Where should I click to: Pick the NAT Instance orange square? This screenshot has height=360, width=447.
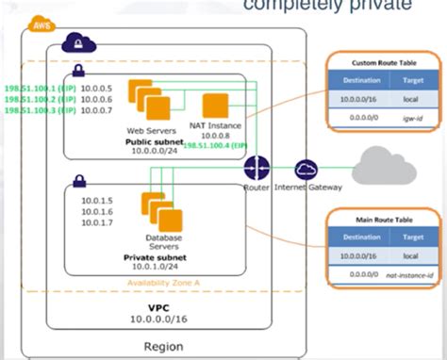coord(216,106)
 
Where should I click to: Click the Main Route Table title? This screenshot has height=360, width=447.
coord(383,221)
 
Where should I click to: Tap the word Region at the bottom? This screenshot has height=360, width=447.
coord(163,347)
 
